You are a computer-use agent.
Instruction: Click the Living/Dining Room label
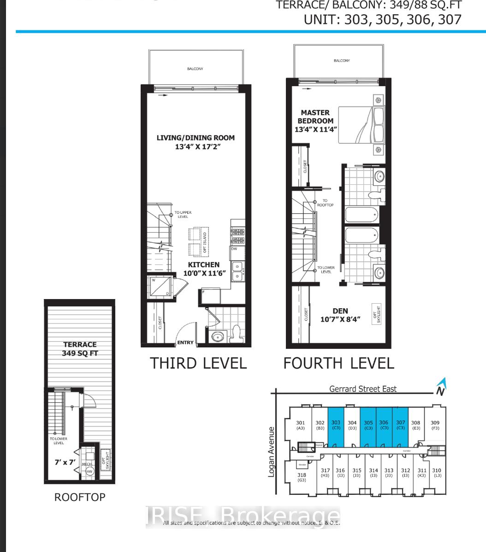point(195,142)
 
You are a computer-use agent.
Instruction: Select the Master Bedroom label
point(315,121)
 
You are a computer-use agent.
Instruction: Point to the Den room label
point(340,315)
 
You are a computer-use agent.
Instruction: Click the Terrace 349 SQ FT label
point(80,349)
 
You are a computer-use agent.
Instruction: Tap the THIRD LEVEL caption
point(198,363)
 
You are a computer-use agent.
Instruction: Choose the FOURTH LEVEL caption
point(338,363)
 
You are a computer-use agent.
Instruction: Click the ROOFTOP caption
point(80,497)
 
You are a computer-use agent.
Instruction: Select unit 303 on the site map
point(336,427)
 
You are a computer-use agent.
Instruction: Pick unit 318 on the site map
point(302,477)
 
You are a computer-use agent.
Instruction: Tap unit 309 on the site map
point(435,425)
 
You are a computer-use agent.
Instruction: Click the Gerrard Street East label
point(362,388)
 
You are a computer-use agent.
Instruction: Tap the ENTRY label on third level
point(185,343)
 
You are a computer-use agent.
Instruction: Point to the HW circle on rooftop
point(89,471)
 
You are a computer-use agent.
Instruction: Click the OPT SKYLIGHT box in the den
point(377,314)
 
